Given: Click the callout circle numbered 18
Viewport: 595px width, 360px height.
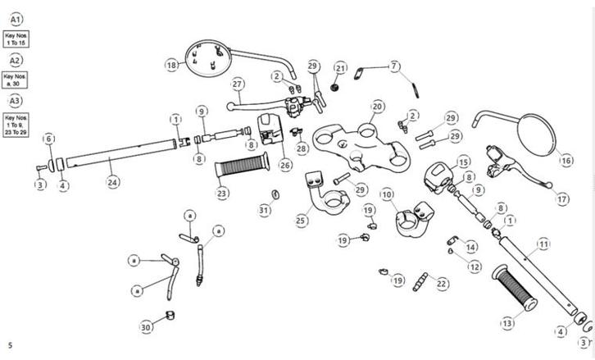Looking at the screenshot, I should (171, 65).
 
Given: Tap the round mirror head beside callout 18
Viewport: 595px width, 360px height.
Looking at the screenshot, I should (203, 57).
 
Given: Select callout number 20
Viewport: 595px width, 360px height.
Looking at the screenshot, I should (377, 107).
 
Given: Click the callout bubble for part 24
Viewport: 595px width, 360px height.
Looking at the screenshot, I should (113, 182).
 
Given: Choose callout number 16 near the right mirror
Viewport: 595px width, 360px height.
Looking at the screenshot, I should (566, 161).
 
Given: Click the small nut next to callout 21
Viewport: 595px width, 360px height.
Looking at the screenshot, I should (336, 86).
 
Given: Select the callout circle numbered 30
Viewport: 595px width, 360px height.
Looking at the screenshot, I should (146, 327).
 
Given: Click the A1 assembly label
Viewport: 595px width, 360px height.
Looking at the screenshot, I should (16, 19).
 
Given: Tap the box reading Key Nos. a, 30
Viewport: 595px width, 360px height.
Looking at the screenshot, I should (16, 80).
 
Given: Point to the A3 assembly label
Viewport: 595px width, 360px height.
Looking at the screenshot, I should (16, 100).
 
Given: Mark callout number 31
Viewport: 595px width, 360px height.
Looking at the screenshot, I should (264, 211).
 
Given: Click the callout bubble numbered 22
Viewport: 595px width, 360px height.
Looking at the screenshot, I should (442, 284).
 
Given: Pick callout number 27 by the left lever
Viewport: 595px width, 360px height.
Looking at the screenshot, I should (238, 84).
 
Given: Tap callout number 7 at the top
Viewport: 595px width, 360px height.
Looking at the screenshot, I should (394, 66).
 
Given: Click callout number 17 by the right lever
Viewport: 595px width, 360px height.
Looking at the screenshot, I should (561, 199).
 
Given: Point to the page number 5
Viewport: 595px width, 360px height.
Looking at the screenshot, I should (10, 345).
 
